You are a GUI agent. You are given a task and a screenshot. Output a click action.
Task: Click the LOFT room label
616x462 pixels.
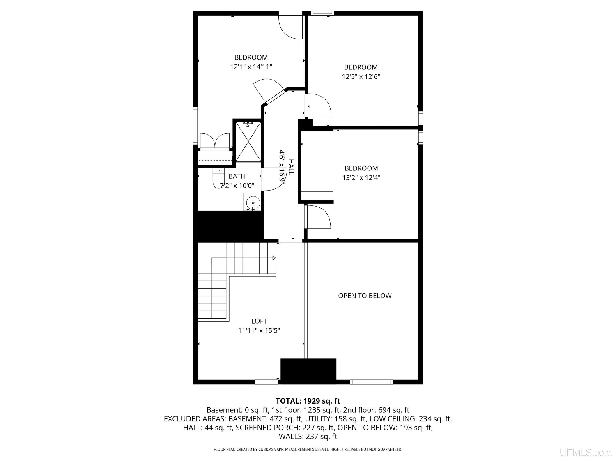259,321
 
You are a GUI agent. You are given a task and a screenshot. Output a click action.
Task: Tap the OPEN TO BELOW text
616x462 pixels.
365,296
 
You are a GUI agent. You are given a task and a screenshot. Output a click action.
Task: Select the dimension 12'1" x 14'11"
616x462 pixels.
251,67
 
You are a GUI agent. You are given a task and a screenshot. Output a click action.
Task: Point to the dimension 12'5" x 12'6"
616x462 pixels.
361,76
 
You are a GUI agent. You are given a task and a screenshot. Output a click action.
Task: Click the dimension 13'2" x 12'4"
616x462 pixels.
361,177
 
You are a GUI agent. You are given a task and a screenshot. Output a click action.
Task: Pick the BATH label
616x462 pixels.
237,176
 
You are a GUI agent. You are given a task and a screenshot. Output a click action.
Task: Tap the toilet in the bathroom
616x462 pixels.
218,178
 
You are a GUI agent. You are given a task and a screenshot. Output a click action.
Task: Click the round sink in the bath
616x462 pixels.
253,202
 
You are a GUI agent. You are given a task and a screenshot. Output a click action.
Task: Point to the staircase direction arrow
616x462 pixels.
274,258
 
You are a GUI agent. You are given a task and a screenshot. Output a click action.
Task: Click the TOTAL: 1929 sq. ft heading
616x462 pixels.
308,401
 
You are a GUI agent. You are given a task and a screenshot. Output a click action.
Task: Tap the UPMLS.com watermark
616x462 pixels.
586,453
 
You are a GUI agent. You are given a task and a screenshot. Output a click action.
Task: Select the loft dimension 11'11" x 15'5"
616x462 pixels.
259,331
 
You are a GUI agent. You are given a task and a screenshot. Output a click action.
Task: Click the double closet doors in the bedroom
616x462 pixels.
215,140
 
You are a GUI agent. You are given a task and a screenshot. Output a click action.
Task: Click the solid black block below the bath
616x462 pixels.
229,226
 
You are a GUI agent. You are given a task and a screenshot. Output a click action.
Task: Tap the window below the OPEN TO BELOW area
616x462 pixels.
371,382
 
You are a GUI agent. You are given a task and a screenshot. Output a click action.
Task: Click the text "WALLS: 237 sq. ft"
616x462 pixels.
308,436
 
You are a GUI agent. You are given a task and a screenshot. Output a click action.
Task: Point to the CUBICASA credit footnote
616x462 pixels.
308,449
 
